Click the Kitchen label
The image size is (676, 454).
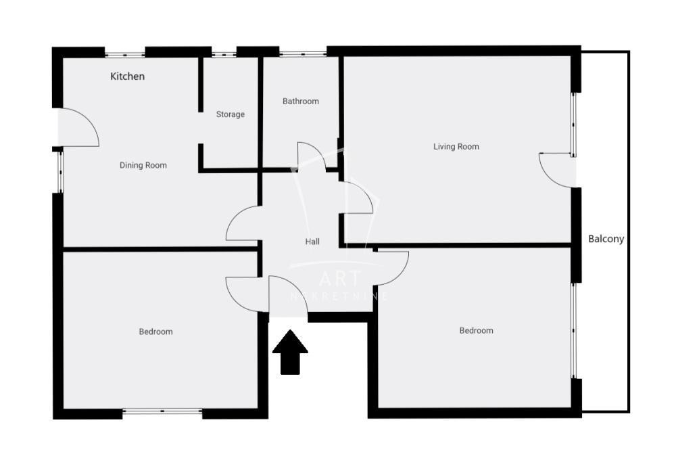pyautogui.click(x=127, y=76)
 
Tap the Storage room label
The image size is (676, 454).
pyautogui.click(x=231, y=114)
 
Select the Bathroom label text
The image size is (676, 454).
pyautogui.click(x=301, y=101)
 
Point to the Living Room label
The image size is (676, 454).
pyautogui.click(x=456, y=147)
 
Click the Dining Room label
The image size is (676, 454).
pyautogui.click(x=143, y=165)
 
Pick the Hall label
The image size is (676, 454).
pyautogui.click(x=312, y=242)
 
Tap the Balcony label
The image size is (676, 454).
pyautogui.click(x=606, y=239)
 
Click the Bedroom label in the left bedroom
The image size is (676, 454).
pyautogui.click(x=155, y=332)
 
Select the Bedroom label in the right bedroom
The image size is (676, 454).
pyautogui.click(x=476, y=331)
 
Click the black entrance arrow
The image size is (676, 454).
pyautogui.click(x=290, y=352)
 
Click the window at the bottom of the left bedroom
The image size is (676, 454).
pyautogui.click(x=162, y=412)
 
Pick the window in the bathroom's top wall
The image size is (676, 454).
pyautogui.click(x=303, y=54)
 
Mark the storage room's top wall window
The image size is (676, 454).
pyautogui.click(x=224, y=54)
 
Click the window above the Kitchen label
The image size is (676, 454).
pyautogui.click(x=125, y=54)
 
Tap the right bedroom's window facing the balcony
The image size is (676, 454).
pyautogui.click(x=573, y=331)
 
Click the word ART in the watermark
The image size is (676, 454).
pyautogui.click(x=340, y=279)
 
